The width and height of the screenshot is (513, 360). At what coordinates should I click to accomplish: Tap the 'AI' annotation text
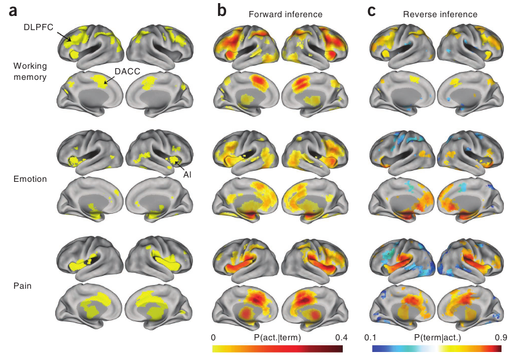pos(188,174)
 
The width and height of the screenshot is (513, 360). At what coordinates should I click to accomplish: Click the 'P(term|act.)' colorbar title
pos(436,337)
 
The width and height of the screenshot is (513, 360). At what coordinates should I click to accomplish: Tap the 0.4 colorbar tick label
pos(341,337)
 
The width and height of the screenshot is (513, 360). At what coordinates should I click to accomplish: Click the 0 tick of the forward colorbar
pos(213,337)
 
